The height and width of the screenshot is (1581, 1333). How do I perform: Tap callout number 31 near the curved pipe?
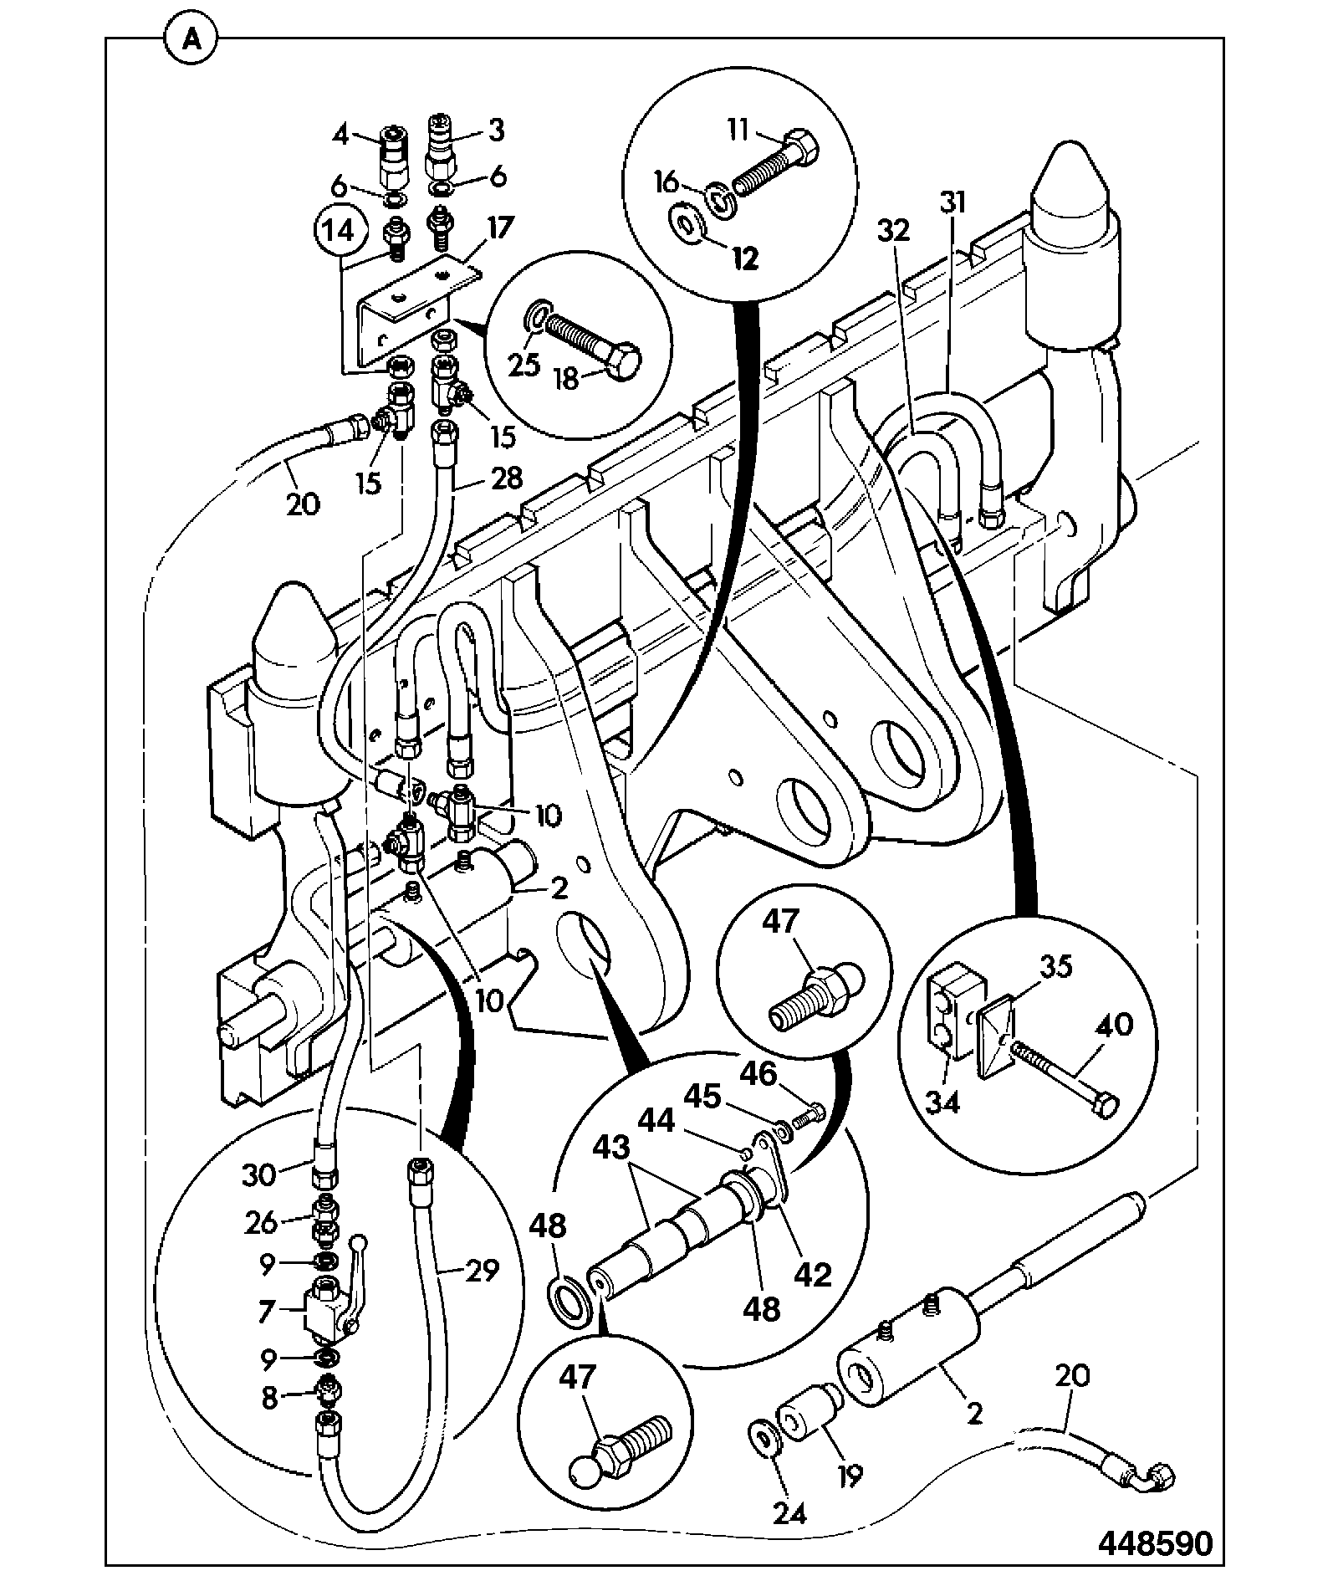[x=952, y=203]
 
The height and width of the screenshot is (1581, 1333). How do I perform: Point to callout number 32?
[x=894, y=231]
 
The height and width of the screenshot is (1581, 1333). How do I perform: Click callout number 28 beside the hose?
[x=506, y=478]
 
